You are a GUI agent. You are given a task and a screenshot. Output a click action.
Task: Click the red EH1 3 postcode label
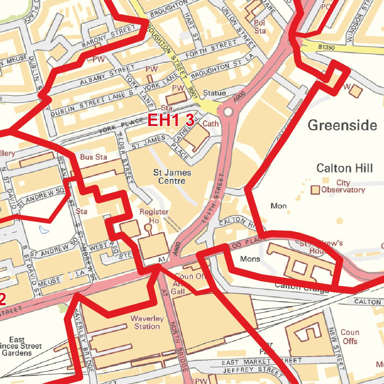[x=171, y=120]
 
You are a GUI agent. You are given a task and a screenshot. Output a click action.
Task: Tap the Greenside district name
[x=342, y=125]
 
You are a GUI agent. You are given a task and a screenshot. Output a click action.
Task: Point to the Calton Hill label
[x=344, y=168]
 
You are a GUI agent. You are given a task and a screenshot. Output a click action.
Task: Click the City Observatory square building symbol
[x=315, y=190]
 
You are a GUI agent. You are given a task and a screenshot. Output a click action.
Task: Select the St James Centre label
[x=172, y=177]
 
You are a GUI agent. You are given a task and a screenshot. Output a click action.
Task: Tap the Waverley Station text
[x=147, y=322]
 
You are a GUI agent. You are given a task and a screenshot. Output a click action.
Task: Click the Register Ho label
[x=154, y=216]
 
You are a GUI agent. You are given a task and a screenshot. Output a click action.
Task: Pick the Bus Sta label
[x=93, y=157]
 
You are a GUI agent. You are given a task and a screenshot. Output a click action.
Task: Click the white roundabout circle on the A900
[x=228, y=112]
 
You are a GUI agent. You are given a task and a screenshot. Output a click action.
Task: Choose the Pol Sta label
[x=259, y=27]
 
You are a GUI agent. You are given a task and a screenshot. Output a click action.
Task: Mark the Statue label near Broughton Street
[x=214, y=93]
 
